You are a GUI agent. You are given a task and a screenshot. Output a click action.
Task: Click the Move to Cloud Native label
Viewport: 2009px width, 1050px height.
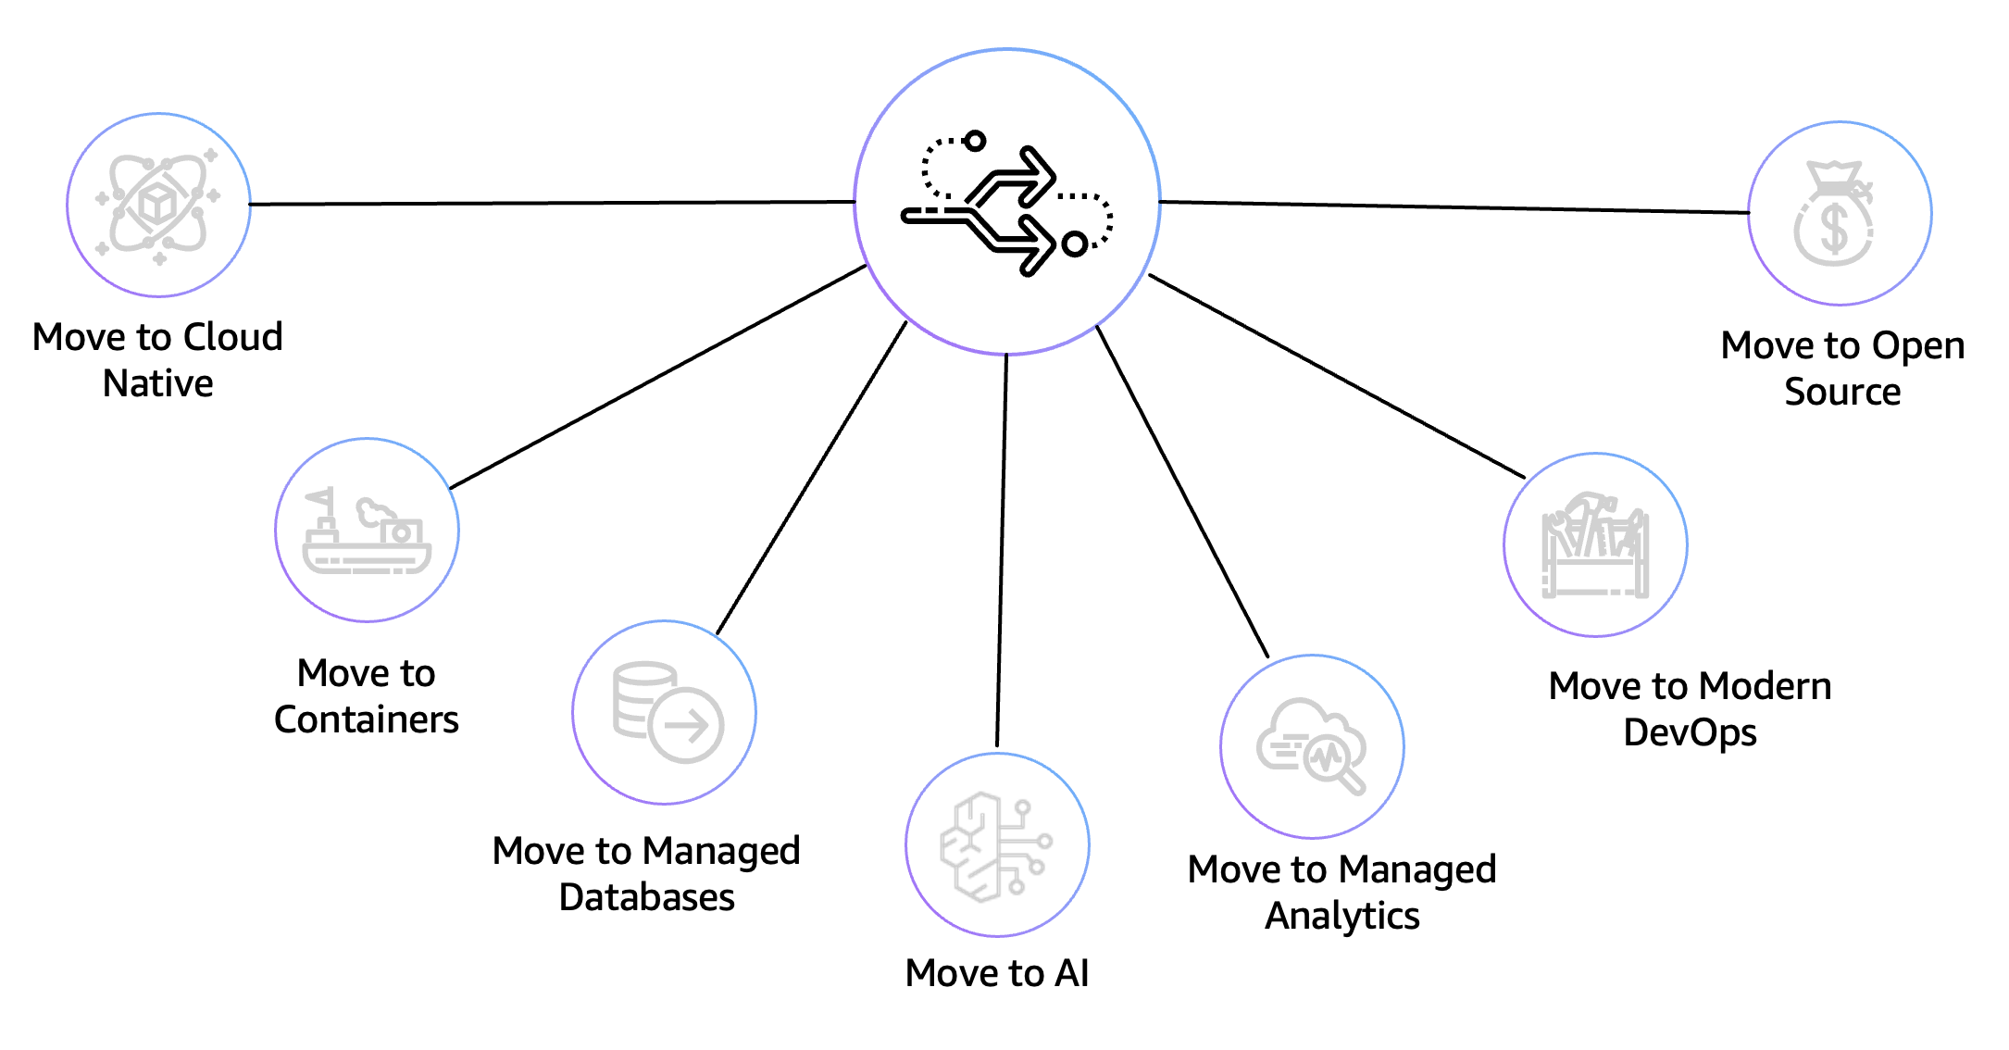[157, 360]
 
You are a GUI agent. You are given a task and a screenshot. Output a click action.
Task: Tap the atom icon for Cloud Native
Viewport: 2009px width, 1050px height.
[158, 206]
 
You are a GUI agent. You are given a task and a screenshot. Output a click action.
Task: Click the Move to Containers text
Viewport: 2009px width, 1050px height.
[367, 696]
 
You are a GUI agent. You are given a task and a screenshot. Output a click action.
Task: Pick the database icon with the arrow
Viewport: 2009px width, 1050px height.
[665, 712]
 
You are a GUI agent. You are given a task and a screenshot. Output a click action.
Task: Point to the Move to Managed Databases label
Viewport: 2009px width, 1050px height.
[646, 873]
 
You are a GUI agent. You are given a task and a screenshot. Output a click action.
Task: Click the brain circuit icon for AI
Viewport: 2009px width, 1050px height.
[997, 845]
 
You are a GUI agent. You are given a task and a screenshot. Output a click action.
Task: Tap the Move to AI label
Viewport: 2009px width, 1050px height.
[997, 973]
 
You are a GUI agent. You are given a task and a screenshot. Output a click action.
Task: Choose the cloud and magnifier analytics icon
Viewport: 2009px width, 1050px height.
[1312, 746]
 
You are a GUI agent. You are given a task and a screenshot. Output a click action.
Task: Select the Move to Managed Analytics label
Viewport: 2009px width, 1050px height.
[1341, 892]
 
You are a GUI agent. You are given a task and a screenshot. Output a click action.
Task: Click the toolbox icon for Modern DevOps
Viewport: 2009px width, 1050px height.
[1595, 545]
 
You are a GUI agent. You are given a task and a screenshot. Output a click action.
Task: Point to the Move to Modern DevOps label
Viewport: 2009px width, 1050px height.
[1690, 709]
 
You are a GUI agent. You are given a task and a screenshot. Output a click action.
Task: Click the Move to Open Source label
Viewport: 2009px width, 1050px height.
[1842, 369]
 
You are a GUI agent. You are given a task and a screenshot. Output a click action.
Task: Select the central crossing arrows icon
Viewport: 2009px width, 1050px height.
[1007, 202]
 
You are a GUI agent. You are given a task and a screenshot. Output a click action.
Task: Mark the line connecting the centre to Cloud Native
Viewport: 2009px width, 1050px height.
[552, 203]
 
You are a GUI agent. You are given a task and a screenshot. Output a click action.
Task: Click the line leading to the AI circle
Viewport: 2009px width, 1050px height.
[1002, 550]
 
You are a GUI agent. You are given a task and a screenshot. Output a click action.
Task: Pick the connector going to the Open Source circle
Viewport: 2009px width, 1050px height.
[1454, 207]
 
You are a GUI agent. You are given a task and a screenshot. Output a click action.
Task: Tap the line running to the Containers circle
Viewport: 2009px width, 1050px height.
[657, 377]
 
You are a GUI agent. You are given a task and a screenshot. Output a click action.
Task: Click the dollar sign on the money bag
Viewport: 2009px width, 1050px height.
[1834, 229]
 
